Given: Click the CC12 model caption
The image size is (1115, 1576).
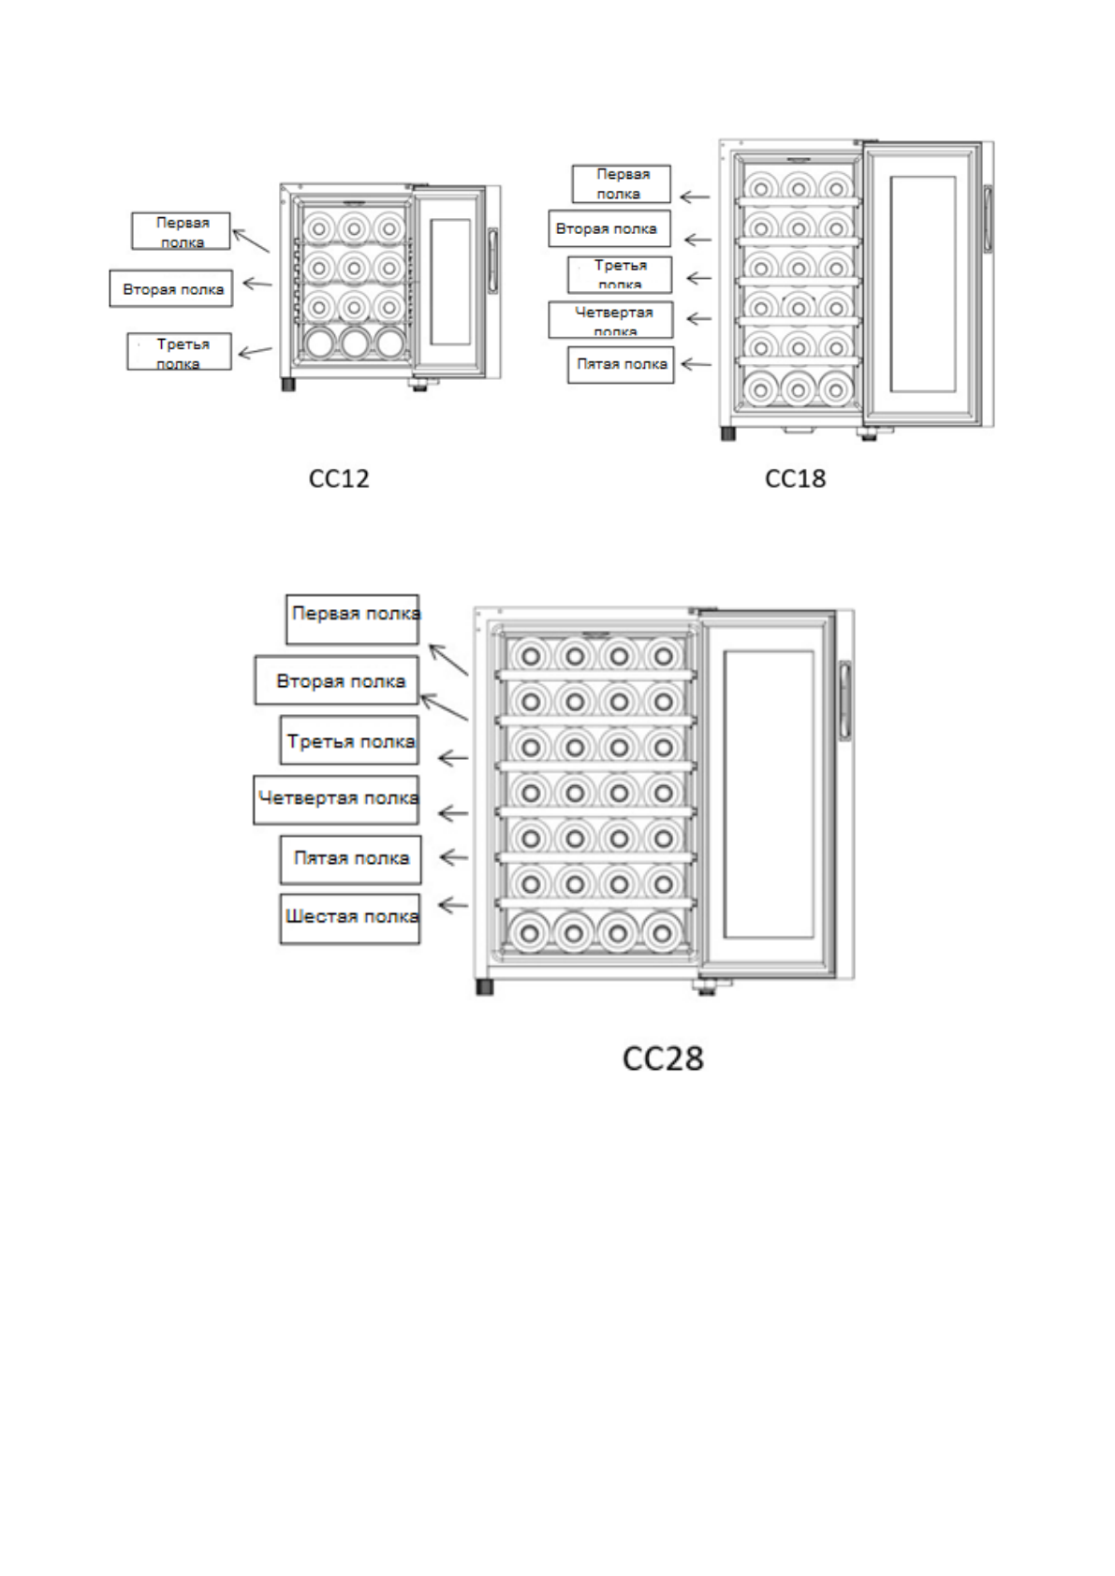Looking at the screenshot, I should click(339, 478).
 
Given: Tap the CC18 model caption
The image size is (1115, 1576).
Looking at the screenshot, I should click(795, 478).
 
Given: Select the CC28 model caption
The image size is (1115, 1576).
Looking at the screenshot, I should click(663, 1058).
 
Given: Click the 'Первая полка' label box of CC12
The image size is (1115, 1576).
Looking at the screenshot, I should click(181, 231).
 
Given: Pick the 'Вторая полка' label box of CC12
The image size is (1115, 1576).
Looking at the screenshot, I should click(171, 289).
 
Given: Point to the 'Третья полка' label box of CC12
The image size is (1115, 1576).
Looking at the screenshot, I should click(179, 352).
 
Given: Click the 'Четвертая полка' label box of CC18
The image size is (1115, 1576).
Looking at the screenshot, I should click(610, 319).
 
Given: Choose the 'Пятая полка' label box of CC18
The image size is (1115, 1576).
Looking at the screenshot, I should click(621, 364).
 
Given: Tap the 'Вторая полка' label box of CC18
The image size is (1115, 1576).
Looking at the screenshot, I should click(609, 228).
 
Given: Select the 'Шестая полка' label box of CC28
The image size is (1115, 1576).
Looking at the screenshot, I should click(350, 918).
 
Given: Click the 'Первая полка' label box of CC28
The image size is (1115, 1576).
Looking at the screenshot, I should click(352, 619).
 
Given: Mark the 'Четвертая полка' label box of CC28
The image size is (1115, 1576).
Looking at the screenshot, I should click(336, 799).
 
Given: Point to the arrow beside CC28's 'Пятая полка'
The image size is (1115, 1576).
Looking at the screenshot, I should click(453, 857).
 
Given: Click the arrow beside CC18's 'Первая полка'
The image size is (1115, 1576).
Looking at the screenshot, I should click(694, 197).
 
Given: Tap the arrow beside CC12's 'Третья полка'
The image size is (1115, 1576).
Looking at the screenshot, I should click(255, 352).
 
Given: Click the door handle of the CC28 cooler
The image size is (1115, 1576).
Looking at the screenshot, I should click(844, 700).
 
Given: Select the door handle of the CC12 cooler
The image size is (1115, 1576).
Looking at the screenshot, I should click(492, 259).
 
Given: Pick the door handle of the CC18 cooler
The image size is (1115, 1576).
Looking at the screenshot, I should click(987, 219).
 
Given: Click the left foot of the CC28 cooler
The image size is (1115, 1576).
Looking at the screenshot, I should click(484, 986).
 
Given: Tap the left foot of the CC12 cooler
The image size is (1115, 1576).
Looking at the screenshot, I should click(288, 384).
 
